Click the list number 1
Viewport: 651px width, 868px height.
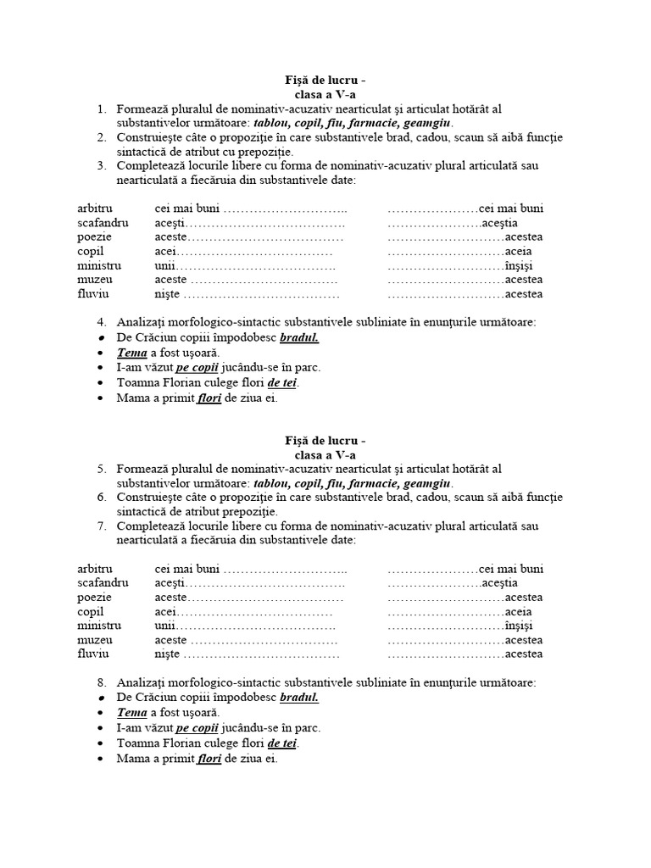pyautogui.click(x=100, y=109)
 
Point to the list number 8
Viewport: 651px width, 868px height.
pyautogui.click(x=100, y=682)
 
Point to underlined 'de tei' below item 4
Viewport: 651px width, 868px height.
pyautogui.click(x=282, y=382)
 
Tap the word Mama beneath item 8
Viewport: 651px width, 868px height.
pyautogui.click(x=132, y=758)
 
